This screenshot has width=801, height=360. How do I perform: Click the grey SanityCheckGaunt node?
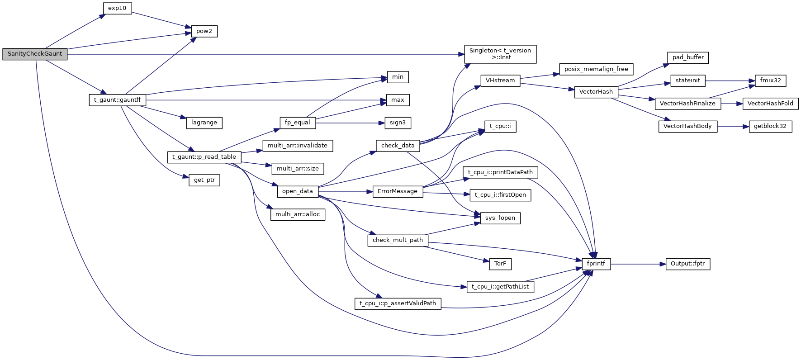tap(35, 54)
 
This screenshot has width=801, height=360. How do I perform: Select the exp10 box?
tap(117, 8)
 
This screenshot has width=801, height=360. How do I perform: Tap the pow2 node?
tap(204, 31)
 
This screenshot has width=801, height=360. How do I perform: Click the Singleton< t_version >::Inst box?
tap(500, 54)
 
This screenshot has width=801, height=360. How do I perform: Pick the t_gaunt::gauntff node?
tap(117, 100)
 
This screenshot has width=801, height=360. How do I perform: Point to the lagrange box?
tap(204, 123)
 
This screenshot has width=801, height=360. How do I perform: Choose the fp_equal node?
tap(297, 123)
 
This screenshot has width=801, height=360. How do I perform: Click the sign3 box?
tap(398, 123)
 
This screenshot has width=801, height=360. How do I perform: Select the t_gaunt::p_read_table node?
tap(204, 157)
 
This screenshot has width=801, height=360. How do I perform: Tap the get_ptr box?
tap(204, 180)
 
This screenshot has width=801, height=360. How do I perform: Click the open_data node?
tap(297, 191)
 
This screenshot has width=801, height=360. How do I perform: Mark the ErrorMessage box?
tap(397, 191)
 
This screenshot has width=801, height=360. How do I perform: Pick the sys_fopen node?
tap(500, 218)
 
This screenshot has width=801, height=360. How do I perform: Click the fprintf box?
tap(596, 264)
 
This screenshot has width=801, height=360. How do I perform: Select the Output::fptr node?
tap(687, 264)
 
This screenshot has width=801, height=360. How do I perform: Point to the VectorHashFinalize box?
tap(687, 104)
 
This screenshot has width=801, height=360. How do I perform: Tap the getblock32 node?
tap(770, 126)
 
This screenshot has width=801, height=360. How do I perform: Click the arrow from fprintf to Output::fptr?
tap(638, 264)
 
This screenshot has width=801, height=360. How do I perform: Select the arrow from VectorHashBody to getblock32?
tap(733, 127)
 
